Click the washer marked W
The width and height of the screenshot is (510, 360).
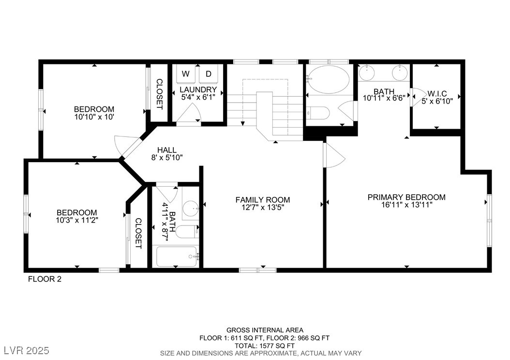click(x=186, y=74)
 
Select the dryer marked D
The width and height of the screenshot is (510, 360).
click(x=209, y=74)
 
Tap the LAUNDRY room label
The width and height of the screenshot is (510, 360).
click(x=198, y=90)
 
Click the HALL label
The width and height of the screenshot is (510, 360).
click(x=167, y=150)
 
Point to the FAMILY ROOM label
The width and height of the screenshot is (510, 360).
click(x=263, y=200)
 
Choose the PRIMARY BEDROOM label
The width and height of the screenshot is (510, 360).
click(x=406, y=197)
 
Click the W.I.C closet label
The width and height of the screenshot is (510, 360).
click(x=437, y=94)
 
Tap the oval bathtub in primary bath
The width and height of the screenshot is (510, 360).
click(x=329, y=80)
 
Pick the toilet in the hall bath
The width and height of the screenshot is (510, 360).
click(x=188, y=232)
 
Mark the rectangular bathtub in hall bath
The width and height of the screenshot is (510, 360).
click(x=177, y=256)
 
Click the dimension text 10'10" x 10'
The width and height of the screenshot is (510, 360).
click(x=94, y=117)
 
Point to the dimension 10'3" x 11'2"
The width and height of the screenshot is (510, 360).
click(x=77, y=220)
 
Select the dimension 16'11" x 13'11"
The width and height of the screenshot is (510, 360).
click(x=407, y=205)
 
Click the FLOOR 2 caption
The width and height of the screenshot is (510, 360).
click(x=45, y=279)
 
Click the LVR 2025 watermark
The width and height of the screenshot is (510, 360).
click(x=27, y=351)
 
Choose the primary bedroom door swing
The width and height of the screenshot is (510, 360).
click(x=333, y=155)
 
